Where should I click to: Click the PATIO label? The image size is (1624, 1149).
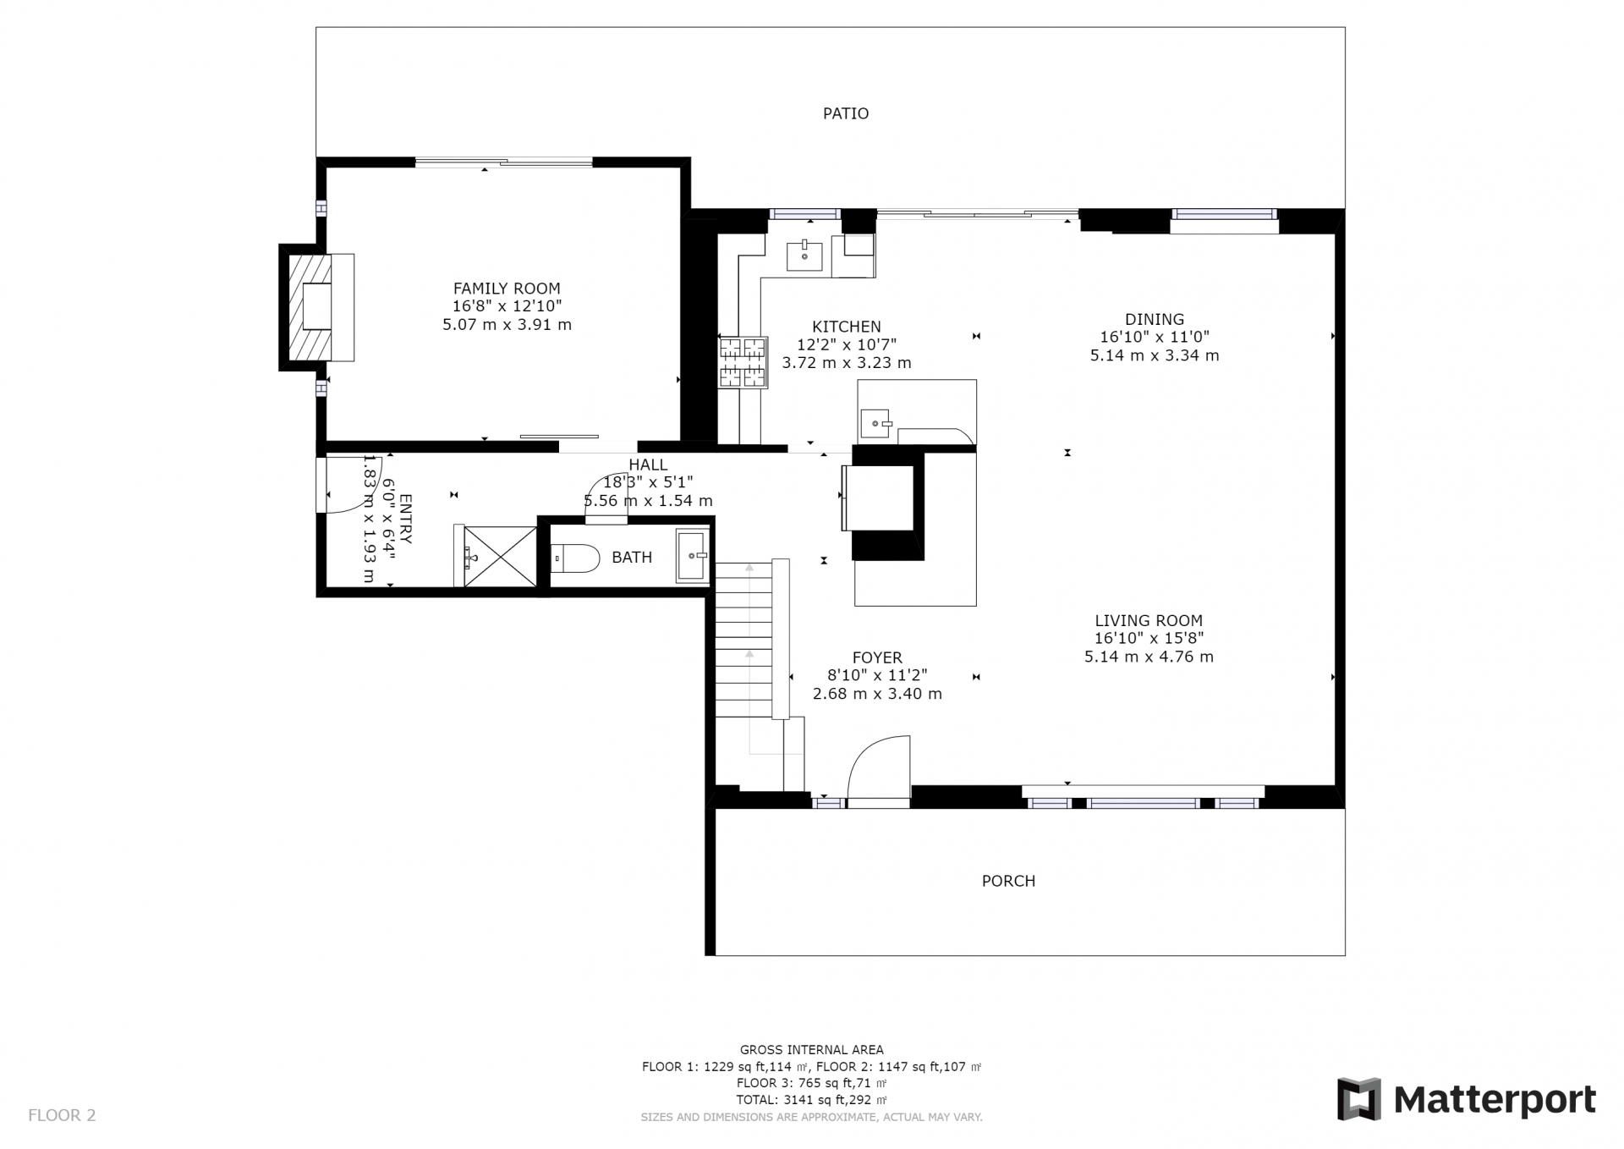click(846, 113)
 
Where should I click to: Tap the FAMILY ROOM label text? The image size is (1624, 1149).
click(507, 289)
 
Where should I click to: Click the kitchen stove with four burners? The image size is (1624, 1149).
click(743, 362)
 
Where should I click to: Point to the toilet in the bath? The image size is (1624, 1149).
click(575, 558)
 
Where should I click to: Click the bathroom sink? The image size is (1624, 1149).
click(693, 556)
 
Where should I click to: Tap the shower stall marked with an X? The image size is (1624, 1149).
click(500, 556)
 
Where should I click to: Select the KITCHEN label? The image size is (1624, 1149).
click(847, 327)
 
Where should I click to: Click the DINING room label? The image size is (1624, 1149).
click(1155, 319)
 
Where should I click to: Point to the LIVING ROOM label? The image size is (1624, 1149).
click(1149, 620)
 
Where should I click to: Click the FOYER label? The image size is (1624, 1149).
click(877, 657)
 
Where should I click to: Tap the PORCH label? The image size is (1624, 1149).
click(1008, 881)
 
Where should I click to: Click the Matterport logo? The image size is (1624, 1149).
click(1467, 1099)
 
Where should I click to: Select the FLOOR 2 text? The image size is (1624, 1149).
click(62, 1115)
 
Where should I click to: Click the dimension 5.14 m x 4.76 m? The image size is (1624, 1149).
click(1149, 657)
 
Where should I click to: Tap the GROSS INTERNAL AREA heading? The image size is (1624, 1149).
click(812, 1050)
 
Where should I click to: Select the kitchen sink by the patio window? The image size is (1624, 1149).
click(804, 255)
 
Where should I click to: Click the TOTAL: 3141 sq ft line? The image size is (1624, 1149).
click(812, 1100)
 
